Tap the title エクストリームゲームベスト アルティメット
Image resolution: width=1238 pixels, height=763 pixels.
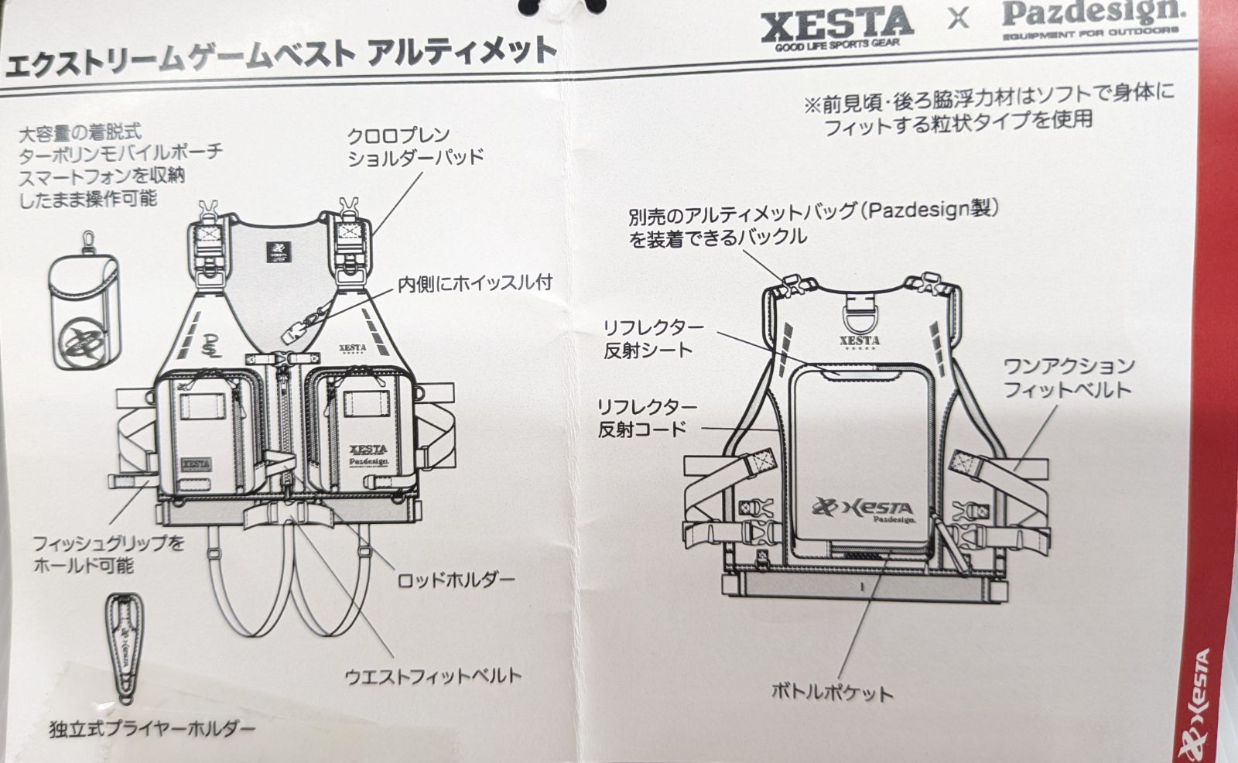pos(280,56)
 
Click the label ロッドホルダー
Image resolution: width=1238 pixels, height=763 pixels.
pos(456,580)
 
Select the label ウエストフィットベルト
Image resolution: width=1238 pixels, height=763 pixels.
pos(433,676)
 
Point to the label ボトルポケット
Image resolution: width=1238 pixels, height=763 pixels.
pos(832,691)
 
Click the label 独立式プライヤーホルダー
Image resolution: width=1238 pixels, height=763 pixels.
pos(152,728)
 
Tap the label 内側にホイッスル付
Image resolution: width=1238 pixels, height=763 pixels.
pos(474,283)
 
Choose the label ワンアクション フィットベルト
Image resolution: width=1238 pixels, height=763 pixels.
pos(1069,377)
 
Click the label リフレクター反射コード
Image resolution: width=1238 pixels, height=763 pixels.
pos(647,418)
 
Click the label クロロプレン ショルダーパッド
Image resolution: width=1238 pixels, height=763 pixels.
pos(415,146)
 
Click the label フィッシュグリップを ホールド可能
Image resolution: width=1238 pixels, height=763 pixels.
pos(108,554)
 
